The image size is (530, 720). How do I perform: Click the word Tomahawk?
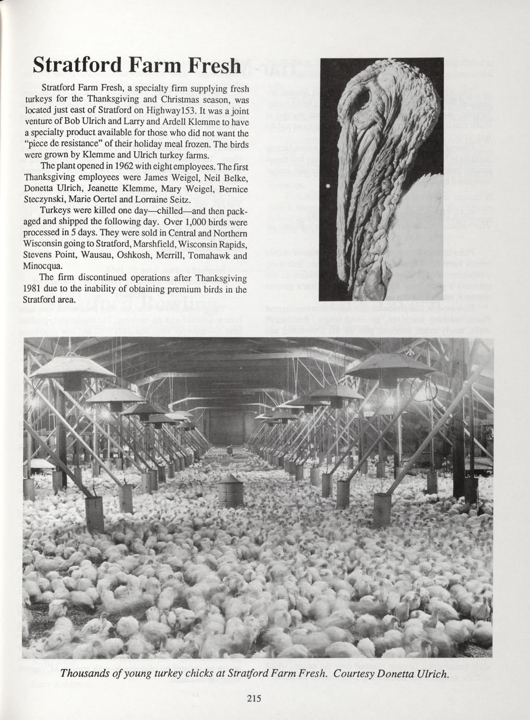pyautogui.click(x=209, y=256)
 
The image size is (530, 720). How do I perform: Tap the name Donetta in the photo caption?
pyautogui.click(x=391, y=673)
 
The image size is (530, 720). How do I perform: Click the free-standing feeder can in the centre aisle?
pyautogui.click(x=230, y=490)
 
